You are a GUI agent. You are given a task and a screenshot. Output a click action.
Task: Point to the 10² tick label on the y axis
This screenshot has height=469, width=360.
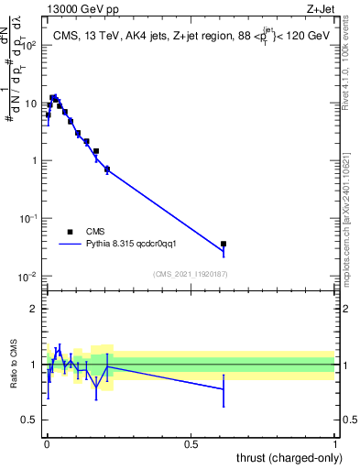tap(30, 45)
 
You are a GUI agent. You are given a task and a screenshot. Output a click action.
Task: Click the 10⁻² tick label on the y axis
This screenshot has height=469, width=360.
tap(30, 277)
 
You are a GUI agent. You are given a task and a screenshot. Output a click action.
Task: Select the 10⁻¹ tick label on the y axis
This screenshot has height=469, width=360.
tap(30, 219)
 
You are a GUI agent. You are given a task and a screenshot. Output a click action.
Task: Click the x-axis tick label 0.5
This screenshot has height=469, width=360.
tap(191, 444)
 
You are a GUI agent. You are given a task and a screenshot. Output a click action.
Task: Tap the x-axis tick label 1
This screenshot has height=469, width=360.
tap(334, 444)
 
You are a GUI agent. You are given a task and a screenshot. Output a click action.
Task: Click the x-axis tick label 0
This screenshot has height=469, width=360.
tap(47, 444)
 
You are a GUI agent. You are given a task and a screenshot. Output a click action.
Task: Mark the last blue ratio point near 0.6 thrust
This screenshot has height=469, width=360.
tap(224, 389)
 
